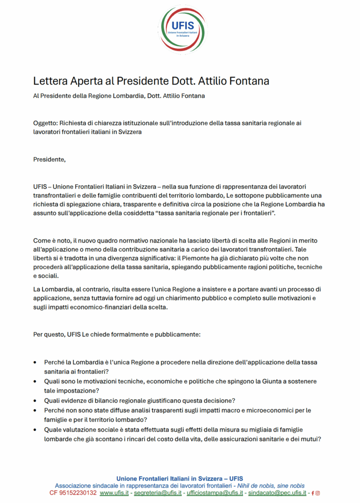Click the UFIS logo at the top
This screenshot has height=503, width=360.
[183, 29]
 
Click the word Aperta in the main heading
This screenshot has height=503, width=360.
[83, 81]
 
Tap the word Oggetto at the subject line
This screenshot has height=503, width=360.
[45, 123]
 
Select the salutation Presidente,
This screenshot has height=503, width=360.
[49, 159]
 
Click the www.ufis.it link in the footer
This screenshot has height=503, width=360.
[114, 493]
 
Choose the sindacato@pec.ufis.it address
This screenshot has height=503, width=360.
[277, 493]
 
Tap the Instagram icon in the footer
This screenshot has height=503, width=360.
[318, 493]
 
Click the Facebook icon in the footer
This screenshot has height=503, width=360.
[313, 493]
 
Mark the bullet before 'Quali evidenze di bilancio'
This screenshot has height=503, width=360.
[34, 400]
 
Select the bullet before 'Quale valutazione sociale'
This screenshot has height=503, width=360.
[34, 429]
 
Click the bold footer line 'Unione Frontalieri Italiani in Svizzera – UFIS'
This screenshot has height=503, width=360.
[180, 478]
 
